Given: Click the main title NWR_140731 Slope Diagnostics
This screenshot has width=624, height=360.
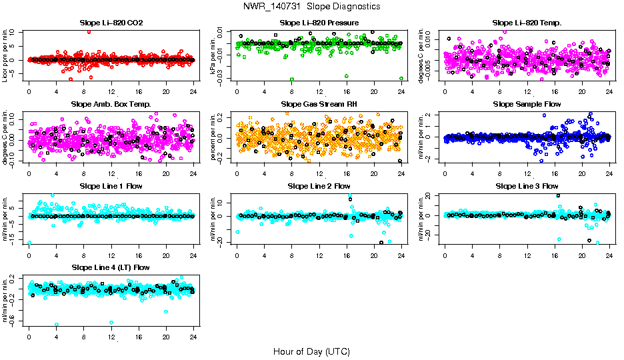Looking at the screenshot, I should (x=311, y=6).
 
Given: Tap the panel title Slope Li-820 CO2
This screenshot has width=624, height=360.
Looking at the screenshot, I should (x=111, y=23).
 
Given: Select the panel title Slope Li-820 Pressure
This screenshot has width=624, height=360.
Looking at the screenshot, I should (x=319, y=23).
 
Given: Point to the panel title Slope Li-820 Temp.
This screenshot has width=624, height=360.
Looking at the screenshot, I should (x=527, y=23).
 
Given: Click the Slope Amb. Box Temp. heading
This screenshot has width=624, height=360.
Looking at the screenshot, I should (x=111, y=104).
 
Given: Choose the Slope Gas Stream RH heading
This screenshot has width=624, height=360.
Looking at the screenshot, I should (x=319, y=104).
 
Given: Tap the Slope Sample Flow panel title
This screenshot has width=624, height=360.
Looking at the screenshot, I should (x=527, y=104).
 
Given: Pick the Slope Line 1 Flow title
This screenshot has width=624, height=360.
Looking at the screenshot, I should (x=111, y=185).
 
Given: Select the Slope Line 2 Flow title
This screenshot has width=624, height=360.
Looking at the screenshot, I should (x=319, y=185).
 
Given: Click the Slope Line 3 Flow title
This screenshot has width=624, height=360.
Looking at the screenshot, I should (x=527, y=185).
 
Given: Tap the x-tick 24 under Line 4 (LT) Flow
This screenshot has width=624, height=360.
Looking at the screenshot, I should (x=193, y=338).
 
